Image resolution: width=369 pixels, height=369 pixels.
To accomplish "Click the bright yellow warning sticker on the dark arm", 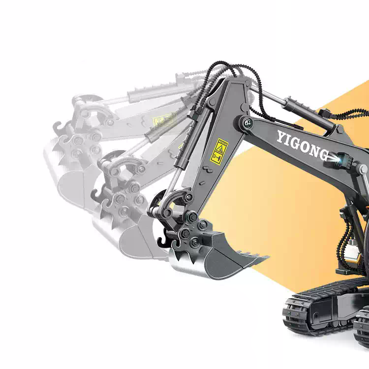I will [x=219, y=150].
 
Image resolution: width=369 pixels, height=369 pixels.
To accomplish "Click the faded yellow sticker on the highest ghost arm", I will [x=162, y=120].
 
